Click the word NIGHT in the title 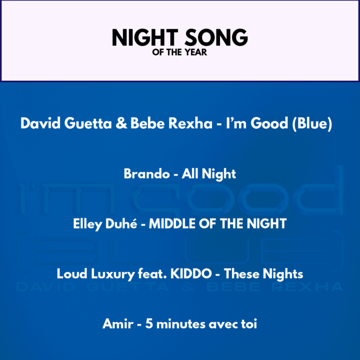click(145, 37)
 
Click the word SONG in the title click(217, 37)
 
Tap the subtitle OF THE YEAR click(179, 52)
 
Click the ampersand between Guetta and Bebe click(121, 123)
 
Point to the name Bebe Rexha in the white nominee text click(171, 123)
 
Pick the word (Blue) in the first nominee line click(312, 123)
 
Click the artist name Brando click(147, 174)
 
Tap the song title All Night click(209, 174)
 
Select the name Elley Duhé click(105, 224)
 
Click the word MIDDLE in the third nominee click(172, 224)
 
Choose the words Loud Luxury click(96, 274)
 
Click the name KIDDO click(191, 274)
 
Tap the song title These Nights click(263, 274)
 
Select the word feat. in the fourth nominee click(152, 274)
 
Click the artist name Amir click(118, 324)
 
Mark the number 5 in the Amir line click(149, 324)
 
